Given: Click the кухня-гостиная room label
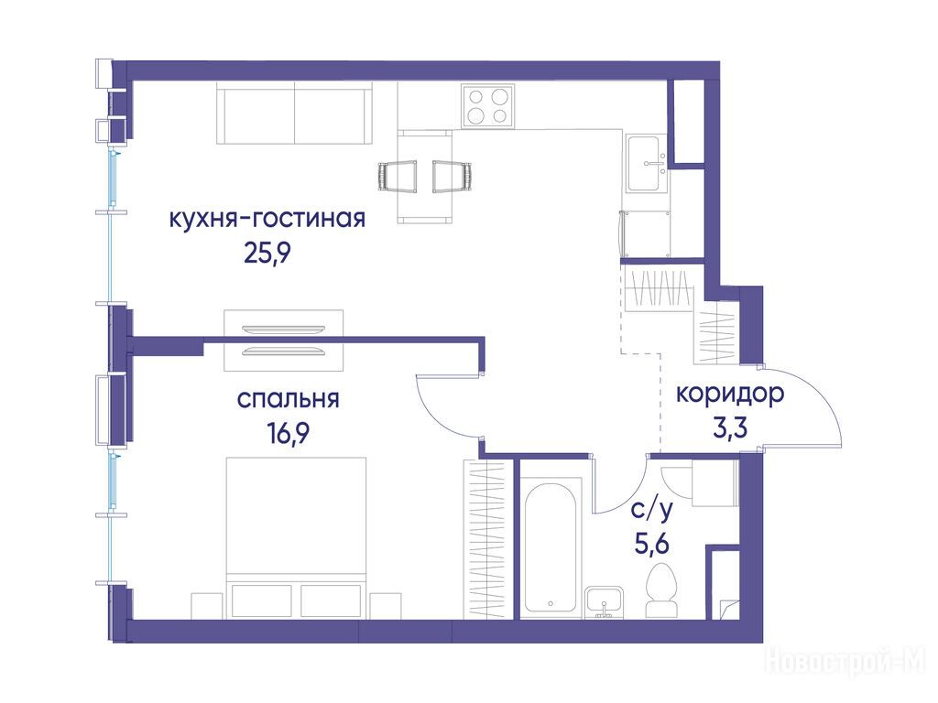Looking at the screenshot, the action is click(x=267, y=220).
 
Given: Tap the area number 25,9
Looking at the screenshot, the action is click(x=267, y=254).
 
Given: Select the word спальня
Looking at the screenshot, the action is click(x=289, y=399).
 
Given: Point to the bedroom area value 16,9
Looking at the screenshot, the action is click(x=289, y=433).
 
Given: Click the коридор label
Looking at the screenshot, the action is click(x=730, y=395).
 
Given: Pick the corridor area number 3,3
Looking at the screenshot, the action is click(x=730, y=427).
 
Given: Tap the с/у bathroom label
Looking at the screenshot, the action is click(x=652, y=509).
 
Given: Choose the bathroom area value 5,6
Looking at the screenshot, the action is click(x=652, y=544).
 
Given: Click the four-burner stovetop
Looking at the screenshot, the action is click(x=487, y=106).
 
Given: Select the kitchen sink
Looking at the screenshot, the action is click(x=647, y=163).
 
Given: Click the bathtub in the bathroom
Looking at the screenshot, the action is click(x=551, y=547).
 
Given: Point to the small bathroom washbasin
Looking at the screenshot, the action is click(x=605, y=602).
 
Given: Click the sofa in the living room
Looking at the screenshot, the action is click(x=294, y=114).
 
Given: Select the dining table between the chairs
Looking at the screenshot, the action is click(x=425, y=177).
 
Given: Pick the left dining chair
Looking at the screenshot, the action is click(x=398, y=177).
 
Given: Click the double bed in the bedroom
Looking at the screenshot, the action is click(x=296, y=536).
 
